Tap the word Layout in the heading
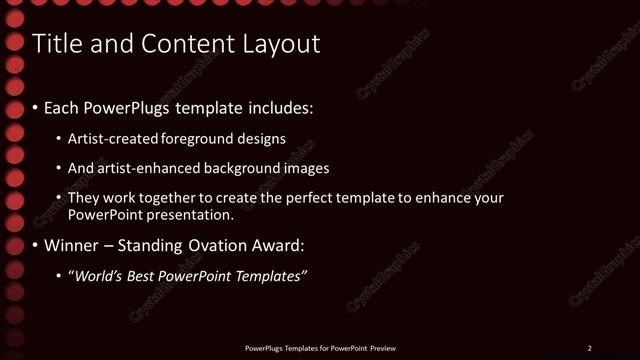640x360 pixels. point(284,44)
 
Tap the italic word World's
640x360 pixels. point(98,276)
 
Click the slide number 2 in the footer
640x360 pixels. point(589,348)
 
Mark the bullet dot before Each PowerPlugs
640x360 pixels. point(36,107)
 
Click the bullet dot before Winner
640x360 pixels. point(36,245)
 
